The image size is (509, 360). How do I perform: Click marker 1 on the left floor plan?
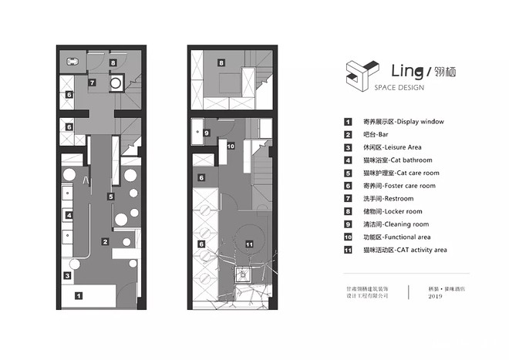click(x=77, y=294)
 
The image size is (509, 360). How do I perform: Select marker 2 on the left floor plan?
click(x=104, y=241)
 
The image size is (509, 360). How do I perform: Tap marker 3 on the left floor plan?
click(x=67, y=274)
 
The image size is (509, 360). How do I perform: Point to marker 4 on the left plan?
click(x=69, y=215)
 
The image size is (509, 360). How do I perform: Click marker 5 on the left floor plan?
click(x=110, y=197)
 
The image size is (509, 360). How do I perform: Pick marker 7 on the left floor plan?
click(x=91, y=82)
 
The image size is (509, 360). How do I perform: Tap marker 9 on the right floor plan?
click(x=207, y=133)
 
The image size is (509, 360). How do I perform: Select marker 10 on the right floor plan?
click(x=231, y=145)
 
